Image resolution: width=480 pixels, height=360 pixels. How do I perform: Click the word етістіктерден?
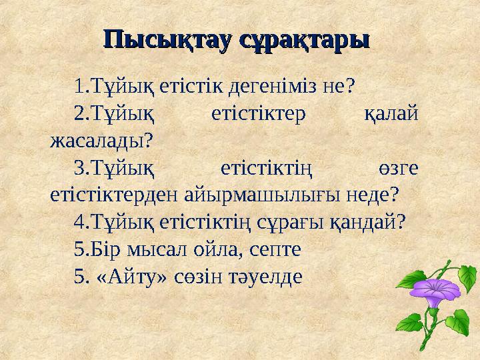click(x=103, y=194)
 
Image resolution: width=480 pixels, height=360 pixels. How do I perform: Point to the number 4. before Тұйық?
click(x=81, y=221)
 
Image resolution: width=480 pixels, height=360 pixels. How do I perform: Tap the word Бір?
click(x=104, y=249)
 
